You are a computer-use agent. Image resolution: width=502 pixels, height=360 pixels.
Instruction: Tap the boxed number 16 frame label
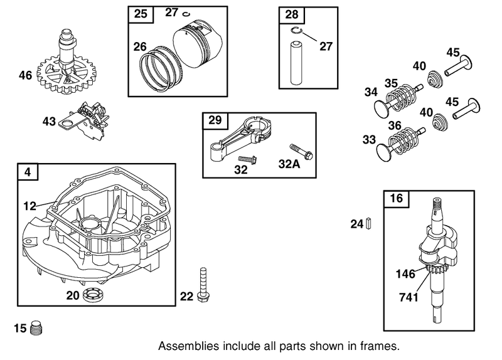coord(395,199)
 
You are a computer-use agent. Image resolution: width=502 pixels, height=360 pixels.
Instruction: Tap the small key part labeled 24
coord(370,223)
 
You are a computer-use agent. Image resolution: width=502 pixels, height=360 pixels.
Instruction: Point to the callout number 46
coord(25,76)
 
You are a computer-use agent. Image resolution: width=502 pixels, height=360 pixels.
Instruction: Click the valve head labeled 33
coord(383,151)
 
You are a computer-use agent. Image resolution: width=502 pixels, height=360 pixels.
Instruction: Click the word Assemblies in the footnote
coord(186,346)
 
